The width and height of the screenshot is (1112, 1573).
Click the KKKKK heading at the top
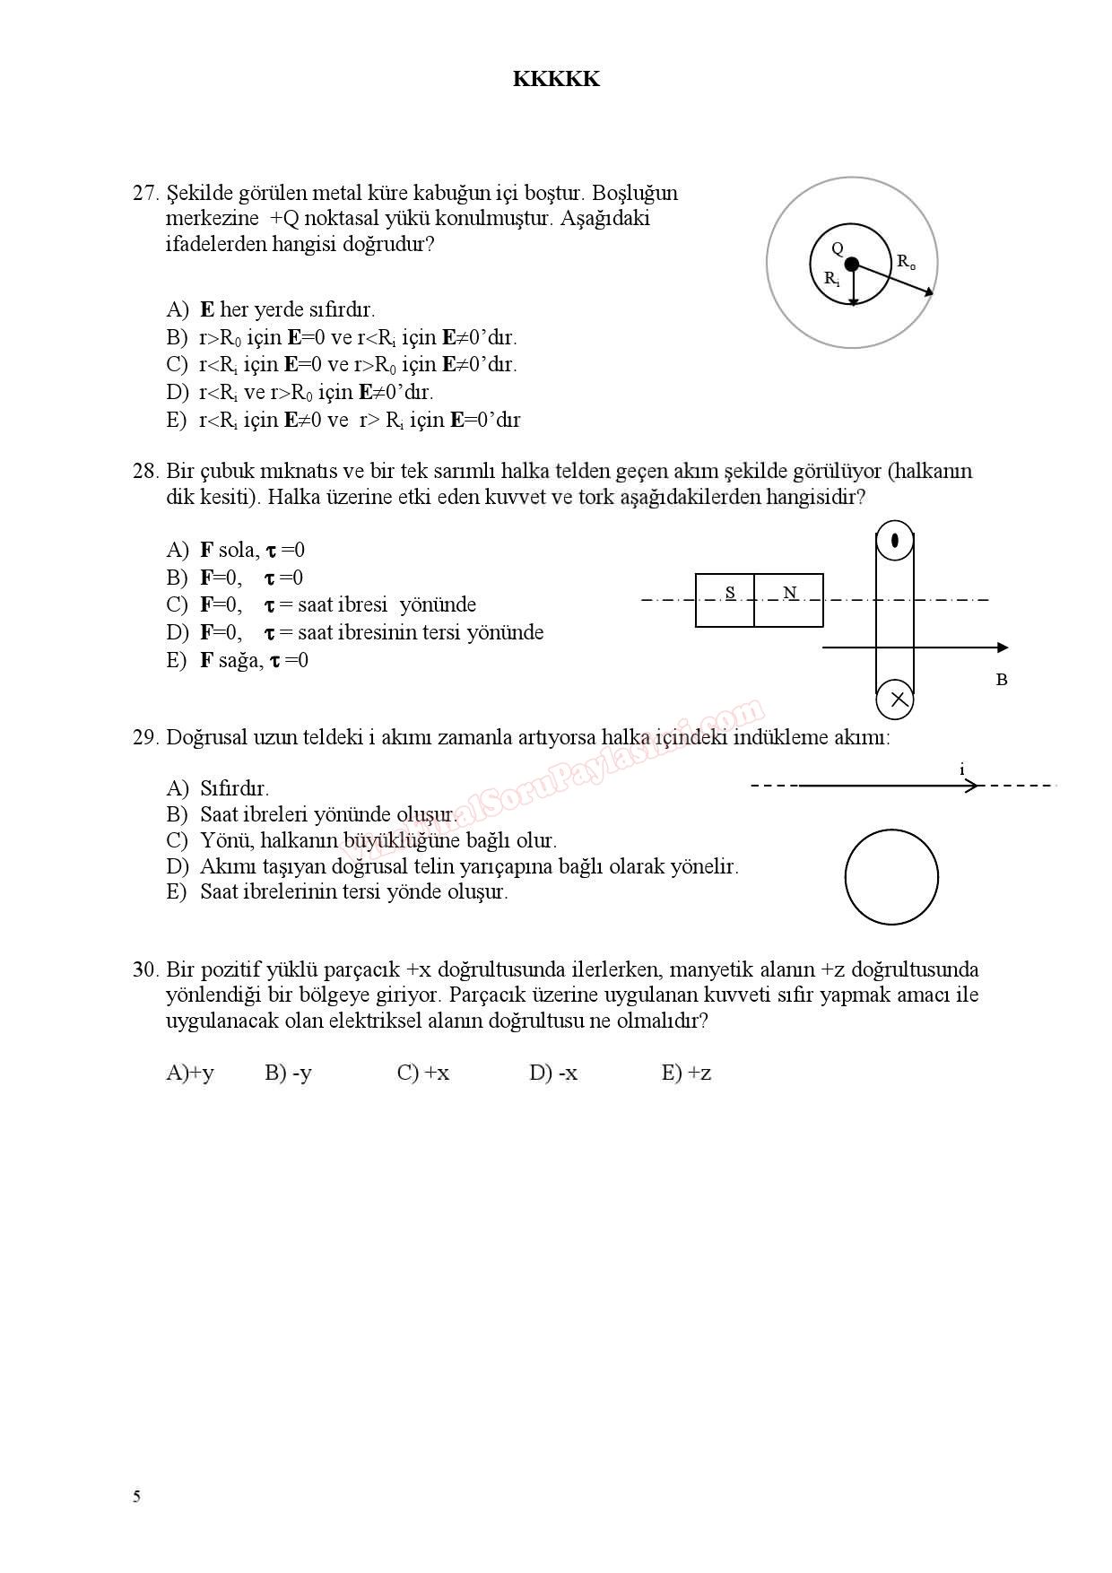(x=556, y=79)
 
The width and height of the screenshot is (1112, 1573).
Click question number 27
(x=144, y=193)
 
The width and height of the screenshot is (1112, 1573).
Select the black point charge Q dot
(x=852, y=264)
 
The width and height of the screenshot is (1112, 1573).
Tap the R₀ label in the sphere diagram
(x=906, y=262)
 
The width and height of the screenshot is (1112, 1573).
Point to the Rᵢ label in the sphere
(x=832, y=279)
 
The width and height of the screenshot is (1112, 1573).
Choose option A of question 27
(x=270, y=309)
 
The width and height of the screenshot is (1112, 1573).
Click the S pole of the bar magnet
(x=730, y=593)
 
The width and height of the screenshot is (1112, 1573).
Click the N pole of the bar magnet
(x=789, y=593)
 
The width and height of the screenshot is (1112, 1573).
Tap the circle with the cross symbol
(x=895, y=700)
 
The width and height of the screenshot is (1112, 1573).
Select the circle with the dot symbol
(x=895, y=541)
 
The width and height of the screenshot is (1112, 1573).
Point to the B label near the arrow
(x=1002, y=680)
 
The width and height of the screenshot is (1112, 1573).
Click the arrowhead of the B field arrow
(x=1002, y=647)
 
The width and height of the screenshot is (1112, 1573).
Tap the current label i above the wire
(x=962, y=769)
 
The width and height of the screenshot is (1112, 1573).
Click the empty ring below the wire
(x=891, y=877)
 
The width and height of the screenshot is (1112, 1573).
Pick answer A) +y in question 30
(x=190, y=1073)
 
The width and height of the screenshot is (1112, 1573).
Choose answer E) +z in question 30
(x=686, y=1073)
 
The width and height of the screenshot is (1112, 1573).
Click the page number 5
(x=136, y=1496)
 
